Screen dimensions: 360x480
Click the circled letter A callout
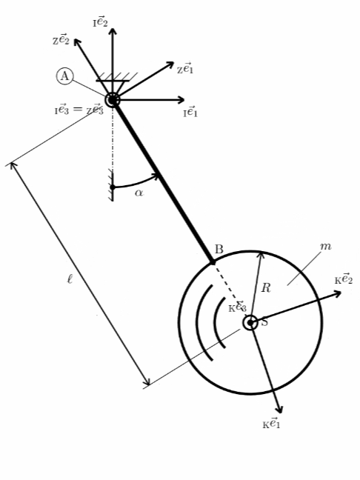64,76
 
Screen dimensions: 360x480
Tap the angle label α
139,193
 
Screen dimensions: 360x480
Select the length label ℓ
70,279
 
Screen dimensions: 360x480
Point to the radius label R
266,287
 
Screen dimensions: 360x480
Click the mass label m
325,246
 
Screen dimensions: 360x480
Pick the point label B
219,250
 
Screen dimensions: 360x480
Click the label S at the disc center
264,322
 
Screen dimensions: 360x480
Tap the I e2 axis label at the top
101,22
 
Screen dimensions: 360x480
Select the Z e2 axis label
61,39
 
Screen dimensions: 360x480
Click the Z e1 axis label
185,68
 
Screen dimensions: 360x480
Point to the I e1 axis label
190,112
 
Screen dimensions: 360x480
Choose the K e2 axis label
344,279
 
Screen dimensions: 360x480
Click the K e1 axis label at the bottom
271,424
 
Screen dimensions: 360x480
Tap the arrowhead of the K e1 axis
279,410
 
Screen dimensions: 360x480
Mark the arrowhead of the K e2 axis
337,294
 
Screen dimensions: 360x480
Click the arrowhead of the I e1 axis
181,100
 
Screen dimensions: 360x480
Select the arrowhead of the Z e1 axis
170,65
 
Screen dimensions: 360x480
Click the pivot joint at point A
113,100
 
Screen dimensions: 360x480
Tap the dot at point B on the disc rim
213,262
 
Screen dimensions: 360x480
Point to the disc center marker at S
250,323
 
